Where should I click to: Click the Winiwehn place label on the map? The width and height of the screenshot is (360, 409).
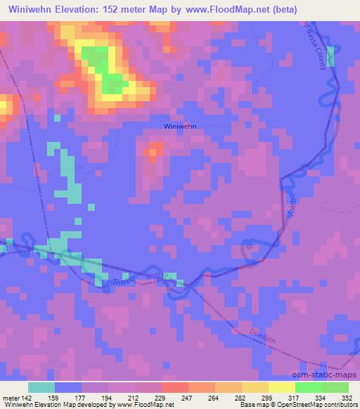[x=179, y=126]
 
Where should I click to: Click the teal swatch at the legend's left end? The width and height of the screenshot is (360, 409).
[x=41, y=387]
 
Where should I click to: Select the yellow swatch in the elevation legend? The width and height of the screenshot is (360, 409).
[x=281, y=387]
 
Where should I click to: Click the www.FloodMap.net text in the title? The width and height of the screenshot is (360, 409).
[x=217, y=10]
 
